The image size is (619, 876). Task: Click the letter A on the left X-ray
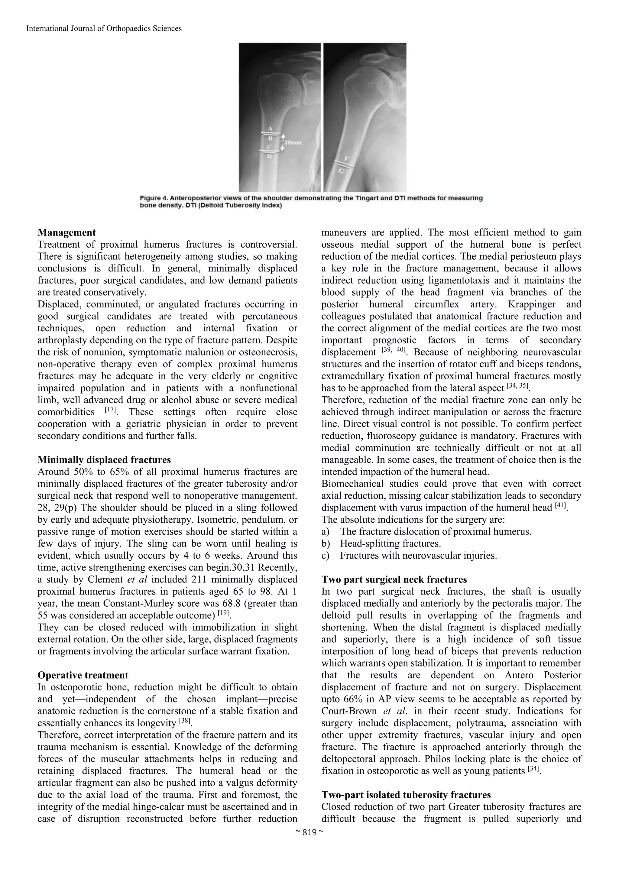coord(270,128)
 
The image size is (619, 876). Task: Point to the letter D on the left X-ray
coord(270,156)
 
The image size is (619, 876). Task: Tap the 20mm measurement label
coord(293,143)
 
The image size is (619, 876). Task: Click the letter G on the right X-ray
coord(342,171)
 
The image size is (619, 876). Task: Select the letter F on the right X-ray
coord(346,158)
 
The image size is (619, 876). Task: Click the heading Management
coord(67,232)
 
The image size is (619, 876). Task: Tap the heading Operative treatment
coord(83,675)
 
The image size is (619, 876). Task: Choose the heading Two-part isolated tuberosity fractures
coord(406,795)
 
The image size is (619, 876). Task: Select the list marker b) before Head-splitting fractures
coord(325,543)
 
